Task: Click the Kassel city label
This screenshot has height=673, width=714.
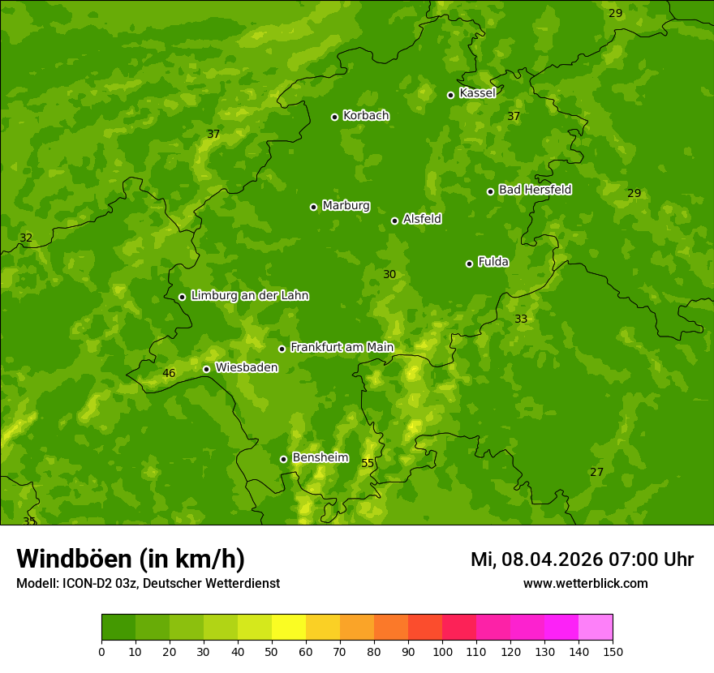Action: [477, 93]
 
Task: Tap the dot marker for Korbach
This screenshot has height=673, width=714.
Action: [334, 117]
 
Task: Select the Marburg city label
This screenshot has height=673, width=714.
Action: [346, 206]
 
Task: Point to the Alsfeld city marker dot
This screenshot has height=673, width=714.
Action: [394, 221]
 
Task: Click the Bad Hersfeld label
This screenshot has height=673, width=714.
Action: [535, 190]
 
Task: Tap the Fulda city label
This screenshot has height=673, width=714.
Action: [493, 262]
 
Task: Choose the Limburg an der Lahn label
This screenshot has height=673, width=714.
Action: [249, 295]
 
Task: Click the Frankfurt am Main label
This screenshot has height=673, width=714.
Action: [342, 347]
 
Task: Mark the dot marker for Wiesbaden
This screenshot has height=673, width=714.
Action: [206, 369]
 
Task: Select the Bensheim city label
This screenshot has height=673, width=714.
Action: [320, 457]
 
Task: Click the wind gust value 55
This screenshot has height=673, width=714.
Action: [368, 463]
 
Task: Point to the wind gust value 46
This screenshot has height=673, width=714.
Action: [169, 374]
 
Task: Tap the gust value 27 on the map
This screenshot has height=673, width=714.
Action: [597, 472]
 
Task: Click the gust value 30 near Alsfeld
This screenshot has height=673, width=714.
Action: [389, 275]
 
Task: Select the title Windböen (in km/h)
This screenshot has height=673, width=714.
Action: [131, 559]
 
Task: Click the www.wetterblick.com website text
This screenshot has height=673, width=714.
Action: [585, 584]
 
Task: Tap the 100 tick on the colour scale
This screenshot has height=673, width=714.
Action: [442, 651]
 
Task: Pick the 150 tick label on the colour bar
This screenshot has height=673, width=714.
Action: [613, 651]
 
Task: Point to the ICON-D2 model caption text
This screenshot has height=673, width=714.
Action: [148, 584]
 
